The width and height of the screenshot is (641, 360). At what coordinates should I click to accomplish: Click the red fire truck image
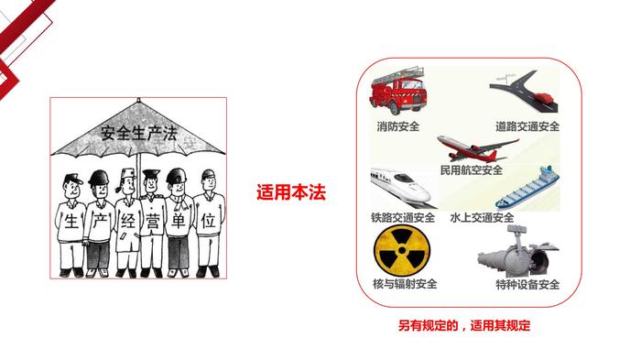point(397,91)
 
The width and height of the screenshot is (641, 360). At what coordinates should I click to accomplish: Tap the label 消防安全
point(398,126)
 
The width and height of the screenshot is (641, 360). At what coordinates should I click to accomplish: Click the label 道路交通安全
point(527,126)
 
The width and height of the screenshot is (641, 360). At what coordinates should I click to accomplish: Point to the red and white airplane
point(478,148)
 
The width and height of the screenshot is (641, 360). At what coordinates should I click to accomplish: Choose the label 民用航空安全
point(472,169)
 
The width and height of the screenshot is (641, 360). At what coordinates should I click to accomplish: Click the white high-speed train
point(404,188)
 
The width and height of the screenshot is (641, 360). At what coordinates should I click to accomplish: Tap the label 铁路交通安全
point(403,217)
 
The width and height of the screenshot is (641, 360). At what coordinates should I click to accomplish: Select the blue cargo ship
point(527,188)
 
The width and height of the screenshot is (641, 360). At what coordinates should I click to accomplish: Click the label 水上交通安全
point(482,217)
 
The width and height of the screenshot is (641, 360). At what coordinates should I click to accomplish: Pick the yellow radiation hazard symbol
point(402,250)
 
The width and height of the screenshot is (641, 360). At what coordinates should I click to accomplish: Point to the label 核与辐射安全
point(405,283)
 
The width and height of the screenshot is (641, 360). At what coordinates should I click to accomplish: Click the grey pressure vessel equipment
point(518,253)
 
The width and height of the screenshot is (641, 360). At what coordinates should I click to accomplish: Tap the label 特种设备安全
point(527,284)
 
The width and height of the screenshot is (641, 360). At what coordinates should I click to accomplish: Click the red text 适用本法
point(291,192)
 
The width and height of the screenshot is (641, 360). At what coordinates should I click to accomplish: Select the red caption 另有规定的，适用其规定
point(464,325)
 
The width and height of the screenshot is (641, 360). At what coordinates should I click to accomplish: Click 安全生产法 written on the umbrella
point(139,133)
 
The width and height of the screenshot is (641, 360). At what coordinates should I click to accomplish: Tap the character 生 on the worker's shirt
point(71,222)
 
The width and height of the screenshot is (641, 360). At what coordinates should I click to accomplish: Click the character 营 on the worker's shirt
point(152,223)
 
